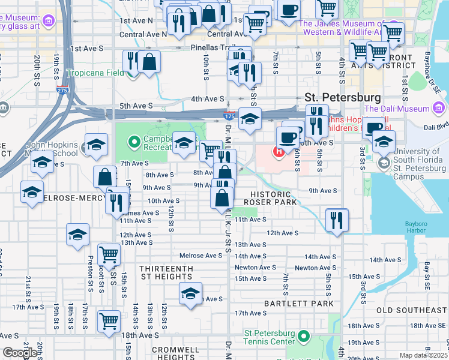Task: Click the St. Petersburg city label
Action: click(x=342, y=97)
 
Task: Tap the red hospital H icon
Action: click(x=279, y=152)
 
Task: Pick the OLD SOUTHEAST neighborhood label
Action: click(x=411, y=310)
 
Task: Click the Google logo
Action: click(x=19, y=353)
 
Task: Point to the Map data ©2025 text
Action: click(x=424, y=355)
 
